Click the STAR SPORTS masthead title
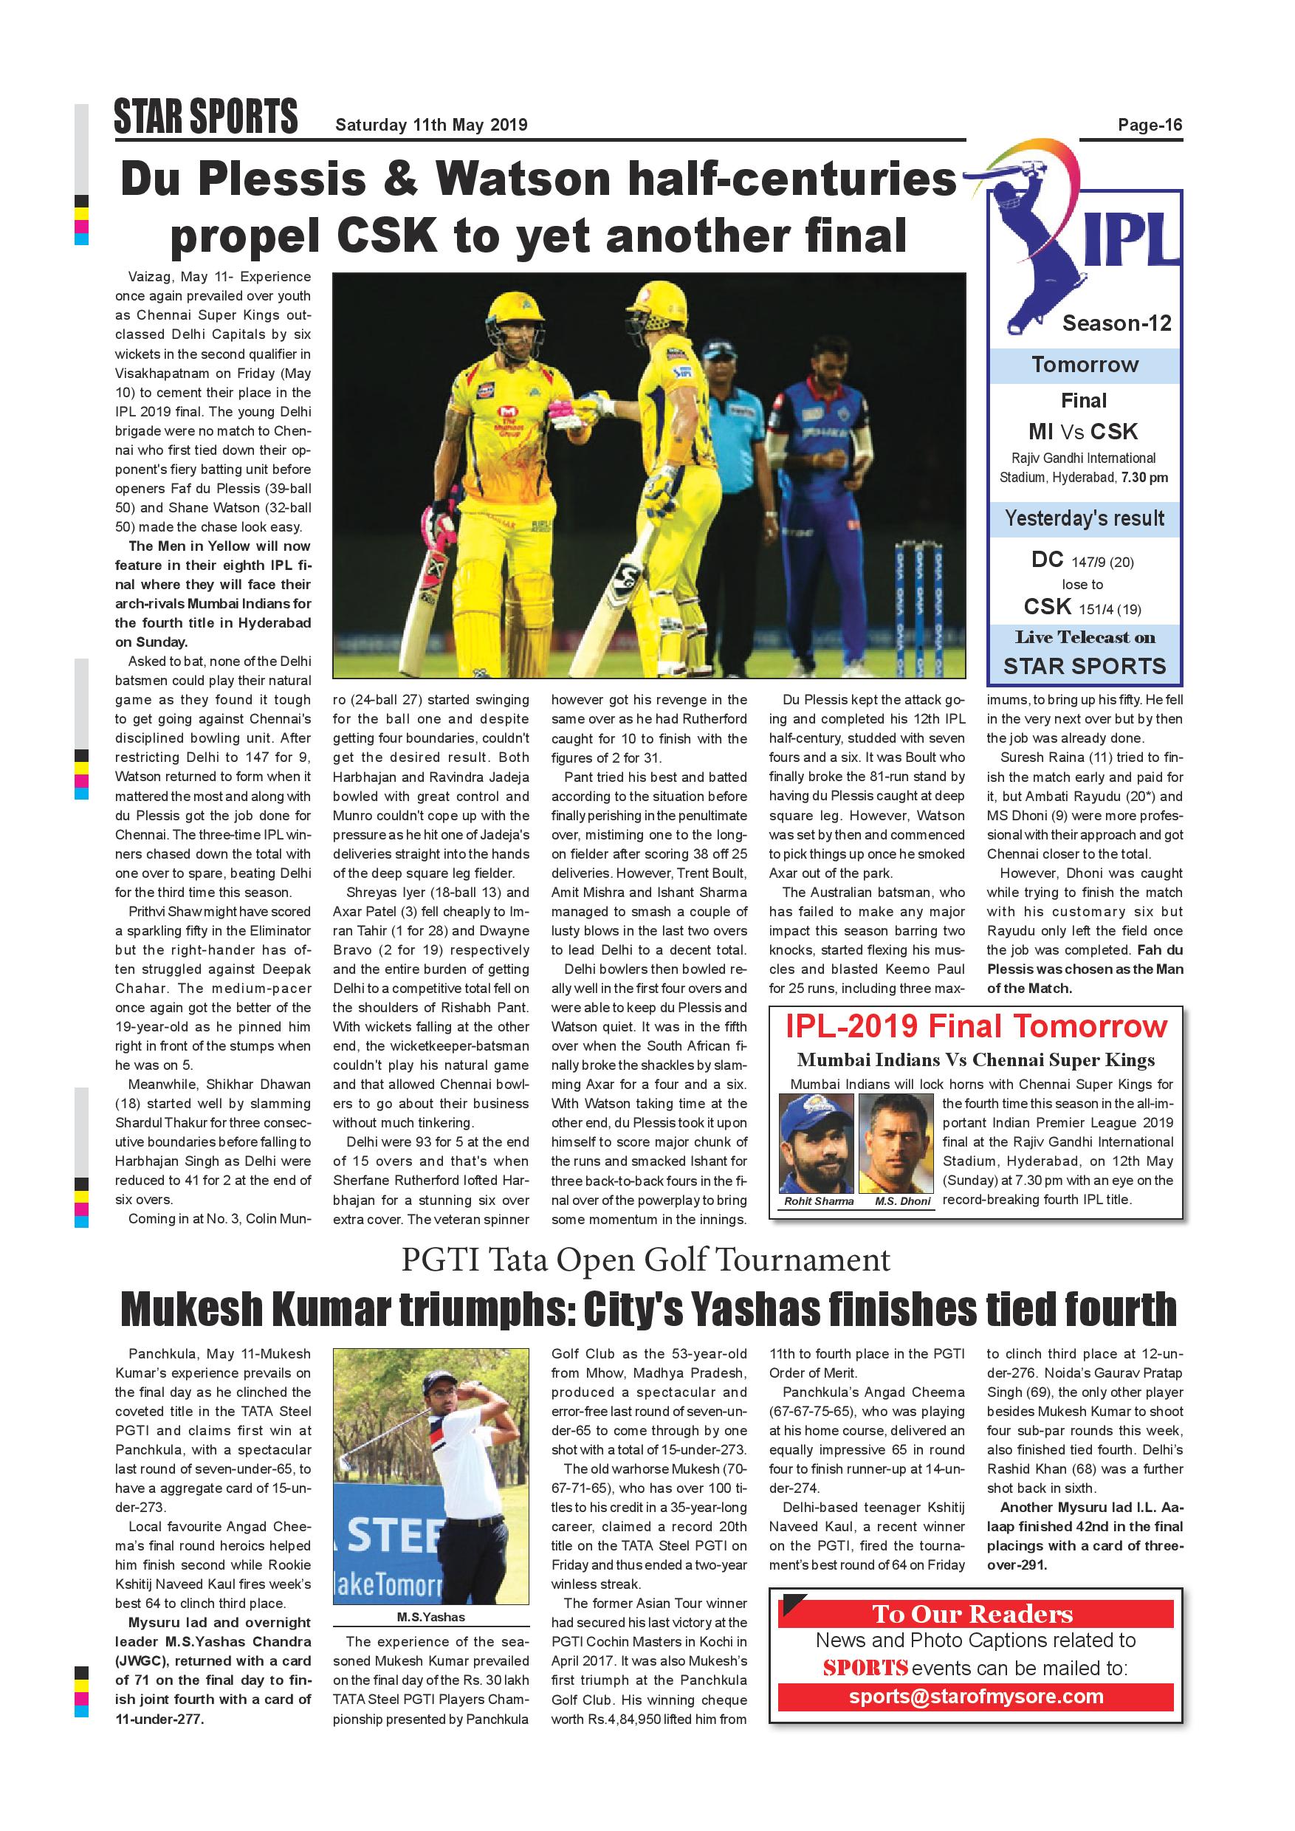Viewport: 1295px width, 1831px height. click(206, 117)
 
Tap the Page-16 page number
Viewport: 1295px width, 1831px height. click(1149, 125)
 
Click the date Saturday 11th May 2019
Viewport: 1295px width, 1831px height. click(430, 125)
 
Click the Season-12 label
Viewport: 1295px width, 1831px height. click(1116, 323)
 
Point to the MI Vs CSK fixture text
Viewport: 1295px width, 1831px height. click(1083, 431)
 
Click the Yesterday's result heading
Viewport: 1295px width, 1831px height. click(1084, 518)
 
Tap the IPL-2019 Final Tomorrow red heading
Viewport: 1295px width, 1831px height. click(975, 1027)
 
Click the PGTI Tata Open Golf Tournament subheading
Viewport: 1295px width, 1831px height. click(645, 1260)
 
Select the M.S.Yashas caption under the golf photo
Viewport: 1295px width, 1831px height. click(430, 1616)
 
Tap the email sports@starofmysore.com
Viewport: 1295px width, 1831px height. click(975, 1696)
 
